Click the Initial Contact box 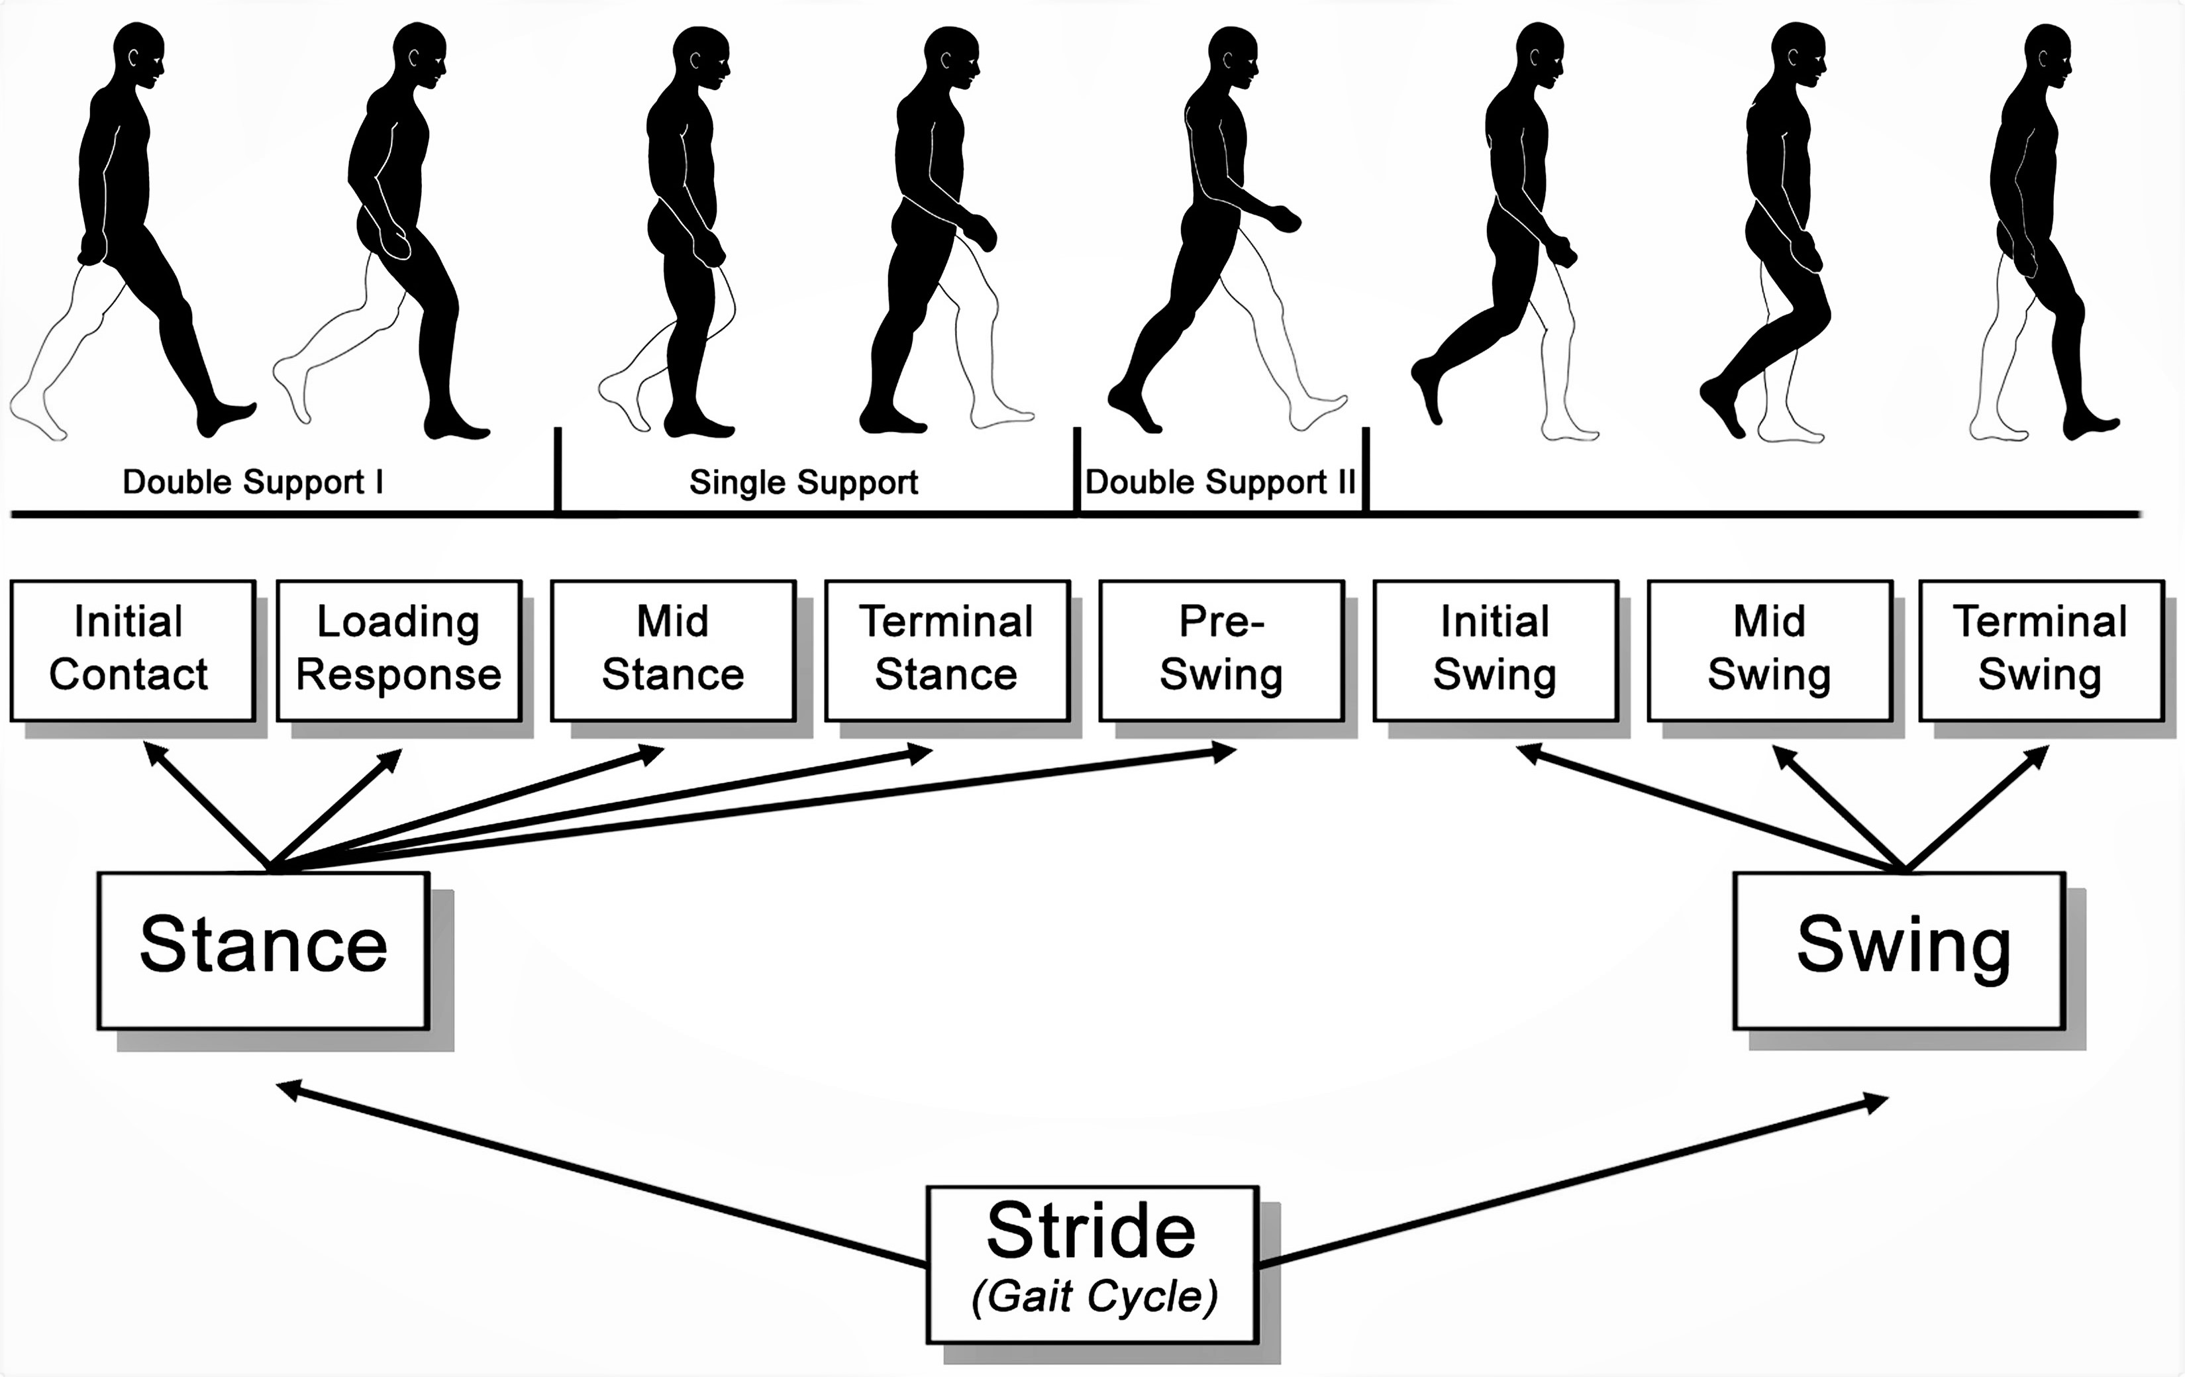132,650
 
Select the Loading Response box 399,650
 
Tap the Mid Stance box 674,650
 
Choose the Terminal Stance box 947,650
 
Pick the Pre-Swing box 1221,650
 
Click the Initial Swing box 1496,650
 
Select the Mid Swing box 1770,650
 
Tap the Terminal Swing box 2041,650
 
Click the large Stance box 263,950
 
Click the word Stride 1091,1233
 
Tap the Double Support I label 252,482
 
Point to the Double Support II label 1221,482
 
